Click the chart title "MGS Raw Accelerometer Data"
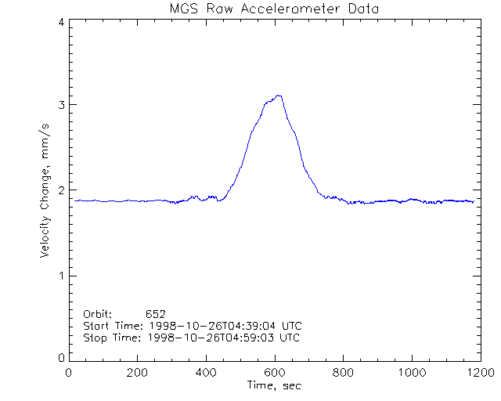click(x=273, y=9)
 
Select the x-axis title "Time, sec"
click(x=273, y=385)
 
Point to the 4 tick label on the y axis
click(x=61, y=22)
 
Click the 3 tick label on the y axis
click(x=61, y=105)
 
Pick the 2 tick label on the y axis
click(x=61, y=190)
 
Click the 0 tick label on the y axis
click(x=61, y=358)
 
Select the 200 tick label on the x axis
click(x=138, y=373)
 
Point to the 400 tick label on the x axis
click(x=206, y=373)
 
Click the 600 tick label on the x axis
click(x=275, y=373)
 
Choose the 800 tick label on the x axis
click(x=343, y=373)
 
